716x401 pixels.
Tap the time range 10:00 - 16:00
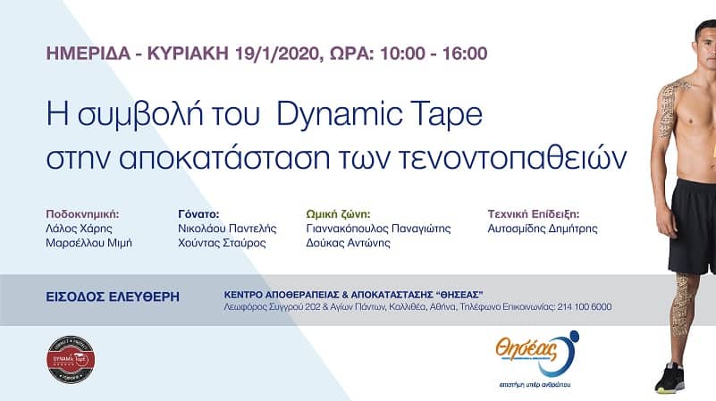pos(426,53)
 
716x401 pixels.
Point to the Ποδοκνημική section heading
pos(81,214)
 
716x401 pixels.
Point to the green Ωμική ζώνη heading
pos(339,214)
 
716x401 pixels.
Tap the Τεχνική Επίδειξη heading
pos(533,214)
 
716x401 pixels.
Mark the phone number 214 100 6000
pos(585,307)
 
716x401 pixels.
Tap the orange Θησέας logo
pos(537,349)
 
